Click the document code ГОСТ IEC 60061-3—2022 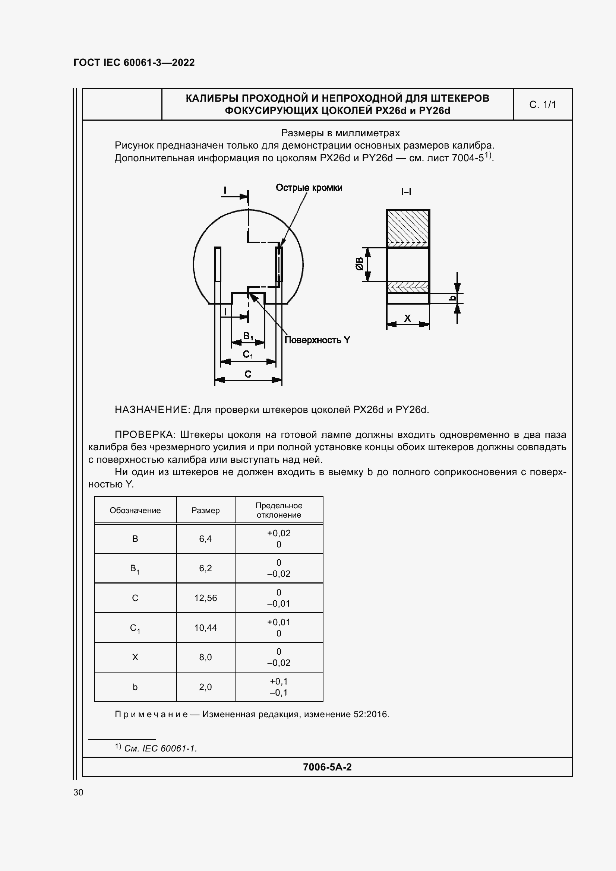tap(134, 63)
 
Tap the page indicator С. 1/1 tap(542, 105)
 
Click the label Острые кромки tap(309, 188)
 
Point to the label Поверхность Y tap(317, 340)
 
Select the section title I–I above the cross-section tap(406, 192)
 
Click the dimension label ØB tap(358, 264)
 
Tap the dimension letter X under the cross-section tap(407, 318)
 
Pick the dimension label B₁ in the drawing tap(248, 336)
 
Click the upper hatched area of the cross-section tap(408, 228)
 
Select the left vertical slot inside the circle tap(218, 264)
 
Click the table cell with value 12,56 tap(205, 598)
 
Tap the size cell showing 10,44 tap(205, 627)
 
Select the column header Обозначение tap(135, 510)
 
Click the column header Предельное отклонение tap(279, 510)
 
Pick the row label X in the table tap(135, 657)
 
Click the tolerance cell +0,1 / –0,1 tap(279, 687)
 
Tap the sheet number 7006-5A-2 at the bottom tap(327, 767)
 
